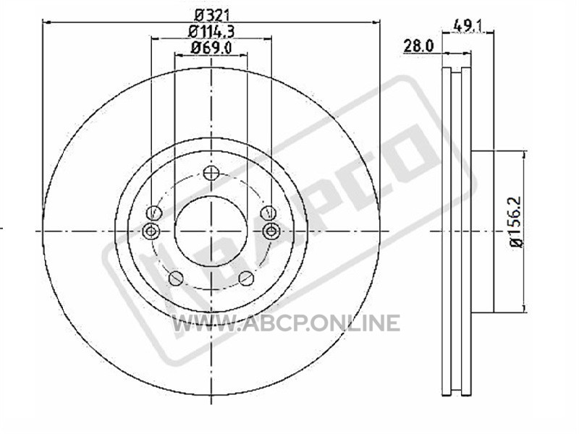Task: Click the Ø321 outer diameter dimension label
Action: pyautogui.click(x=212, y=15)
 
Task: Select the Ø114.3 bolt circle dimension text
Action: pyautogui.click(x=211, y=31)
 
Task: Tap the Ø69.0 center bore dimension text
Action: pyautogui.click(x=211, y=48)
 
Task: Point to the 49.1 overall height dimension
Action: pyautogui.click(x=468, y=26)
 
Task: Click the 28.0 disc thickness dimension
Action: pyautogui.click(x=418, y=46)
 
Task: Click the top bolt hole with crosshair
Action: pyautogui.click(x=211, y=173)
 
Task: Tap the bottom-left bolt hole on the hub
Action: pyautogui.click(x=176, y=278)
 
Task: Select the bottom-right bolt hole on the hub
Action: pyautogui.click(x=246, y=278)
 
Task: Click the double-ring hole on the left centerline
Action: pyautogui.click(x=151, y=231)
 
